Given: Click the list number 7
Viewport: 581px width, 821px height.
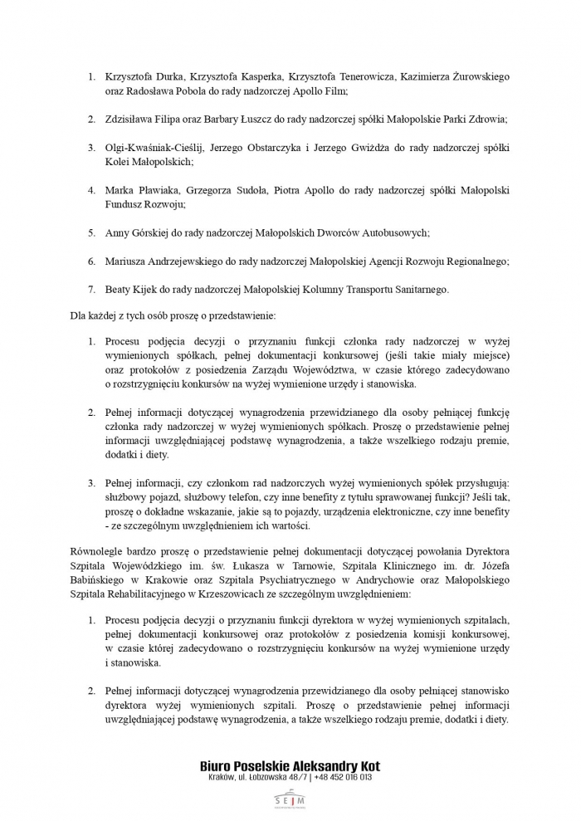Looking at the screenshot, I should click(x=91, y=289).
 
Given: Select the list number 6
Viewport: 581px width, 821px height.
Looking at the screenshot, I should click(x=91, y=261).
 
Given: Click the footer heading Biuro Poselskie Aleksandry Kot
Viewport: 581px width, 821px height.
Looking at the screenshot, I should click(x=290, y=765).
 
